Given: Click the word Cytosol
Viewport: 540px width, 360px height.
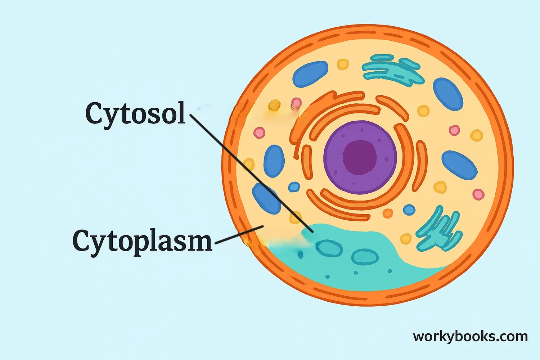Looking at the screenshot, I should tap(135, 113).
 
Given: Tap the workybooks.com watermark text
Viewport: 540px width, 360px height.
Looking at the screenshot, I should tap(470, 337).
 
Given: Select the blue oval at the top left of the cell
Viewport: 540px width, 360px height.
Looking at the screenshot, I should tap(310, 74).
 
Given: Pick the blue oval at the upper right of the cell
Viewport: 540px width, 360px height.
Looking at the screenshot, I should tap(447, 94).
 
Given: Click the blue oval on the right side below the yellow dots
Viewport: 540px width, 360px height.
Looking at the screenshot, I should tap(459, 165).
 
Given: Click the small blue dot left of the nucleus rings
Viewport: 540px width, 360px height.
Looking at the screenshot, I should tap(294, 187).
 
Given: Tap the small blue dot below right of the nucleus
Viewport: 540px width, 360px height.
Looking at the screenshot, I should tap(409, 210).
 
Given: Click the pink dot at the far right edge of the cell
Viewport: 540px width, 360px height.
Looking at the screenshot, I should tap(478, 194).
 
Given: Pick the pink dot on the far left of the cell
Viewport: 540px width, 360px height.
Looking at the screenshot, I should tap(259, 132).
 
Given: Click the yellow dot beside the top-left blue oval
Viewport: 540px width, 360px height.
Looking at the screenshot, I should tap(343, 64).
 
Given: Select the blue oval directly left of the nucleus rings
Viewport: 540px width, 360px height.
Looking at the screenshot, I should tap(274, 161).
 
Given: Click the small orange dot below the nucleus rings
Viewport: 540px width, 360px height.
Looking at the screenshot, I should tap(388, 213).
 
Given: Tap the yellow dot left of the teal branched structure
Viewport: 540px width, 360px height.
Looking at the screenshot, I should tap(406, 238).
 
